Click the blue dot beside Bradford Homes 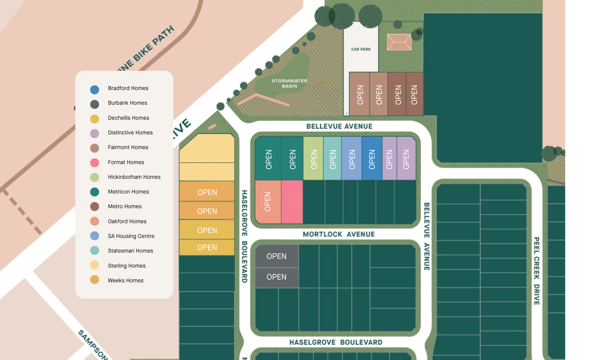tap(94, 89)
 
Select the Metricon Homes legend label tap(128, 192)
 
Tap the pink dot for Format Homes tap(94, 163)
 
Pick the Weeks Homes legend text tap(125, 280)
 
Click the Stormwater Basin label tap(289, 83)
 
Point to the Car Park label tap(361, 49)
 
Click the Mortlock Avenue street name tap(339, 234)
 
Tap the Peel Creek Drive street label tap(536, 271)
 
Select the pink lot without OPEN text tap(292, 202)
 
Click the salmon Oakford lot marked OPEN tap(268, 202)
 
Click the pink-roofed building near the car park tap(399, 42)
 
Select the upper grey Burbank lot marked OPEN tap(277, 256)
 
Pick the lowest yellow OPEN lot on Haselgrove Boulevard tap(207, 247)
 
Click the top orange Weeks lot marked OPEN tap(207, 192)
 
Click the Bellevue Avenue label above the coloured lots tap(339, 126)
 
